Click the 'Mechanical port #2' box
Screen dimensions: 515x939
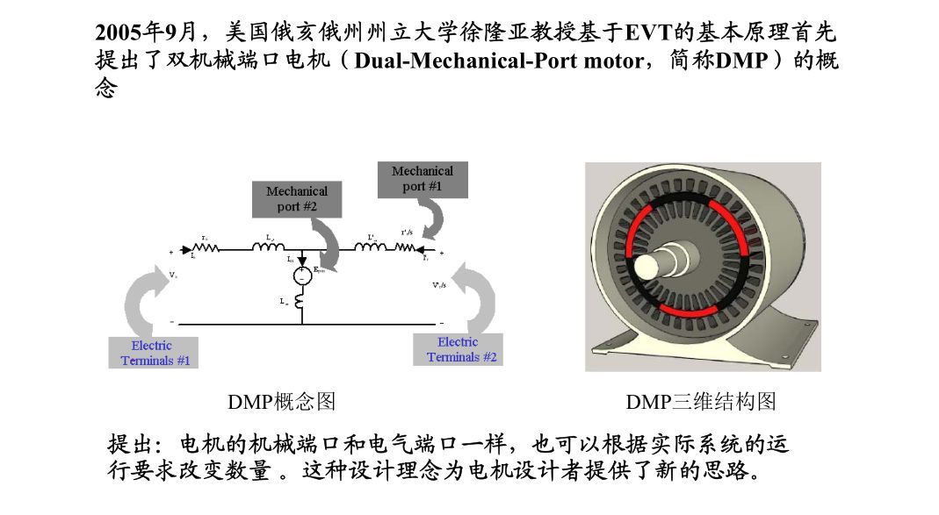pyautogui.click(x=296, y=199)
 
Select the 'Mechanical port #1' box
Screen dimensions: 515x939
pyautogui.click(x=422, y=179)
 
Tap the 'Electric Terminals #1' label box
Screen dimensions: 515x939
pyautogui.click(x=151, y=353)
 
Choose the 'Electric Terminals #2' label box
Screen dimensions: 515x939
pyautogui.click(x=458, y=349)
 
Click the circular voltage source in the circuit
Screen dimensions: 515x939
pyautogui.click(x=301, y=275)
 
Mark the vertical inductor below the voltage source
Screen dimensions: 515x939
pyautogui.click(x=301, y=301)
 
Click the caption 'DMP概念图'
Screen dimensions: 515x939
pyautogui.click(x=281, y=402)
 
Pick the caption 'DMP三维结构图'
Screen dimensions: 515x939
pyautogui.click(x=701, y=402)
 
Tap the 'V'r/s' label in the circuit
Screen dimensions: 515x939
pyautogui.click(x=439, y=285)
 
